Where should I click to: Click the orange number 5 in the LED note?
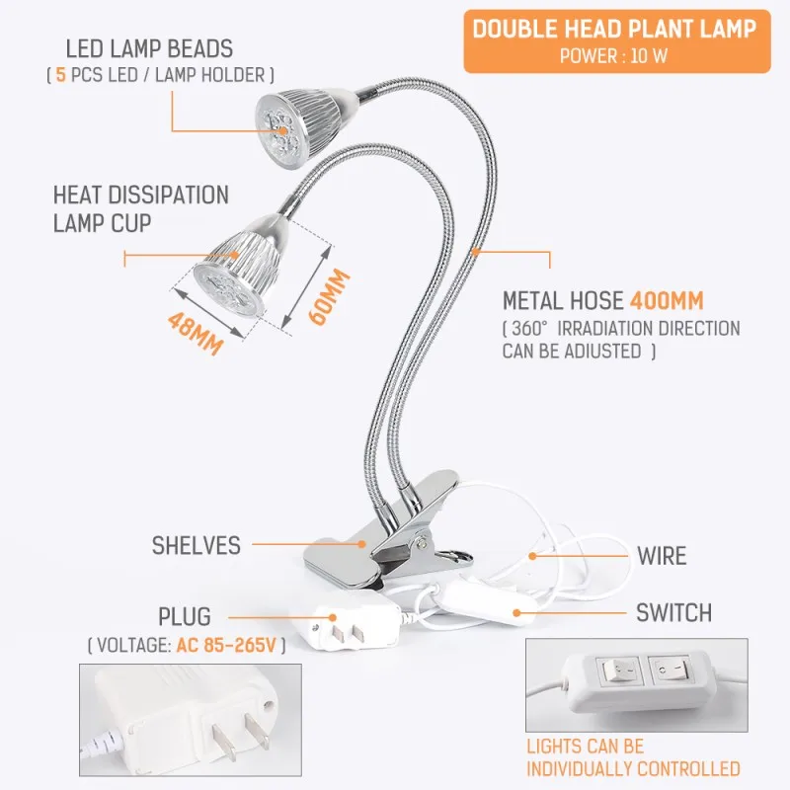coord(61,76)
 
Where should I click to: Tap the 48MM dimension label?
coord(196,334)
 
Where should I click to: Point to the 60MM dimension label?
coord(329,297)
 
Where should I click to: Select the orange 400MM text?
coord(667,301)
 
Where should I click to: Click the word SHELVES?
coord(196,546)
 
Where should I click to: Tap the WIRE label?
coord(662,556)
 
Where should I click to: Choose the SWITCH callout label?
coord(673,613)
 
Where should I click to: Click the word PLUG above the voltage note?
coord(185,616)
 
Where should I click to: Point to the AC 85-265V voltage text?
coord(226,646)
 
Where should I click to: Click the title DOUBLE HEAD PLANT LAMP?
coord(614,29)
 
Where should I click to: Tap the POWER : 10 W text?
coord(613,56)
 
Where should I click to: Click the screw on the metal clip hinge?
coord(421,542)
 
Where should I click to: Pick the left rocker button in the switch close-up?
coord(619,671)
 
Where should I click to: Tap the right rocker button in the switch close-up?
coord(670,671)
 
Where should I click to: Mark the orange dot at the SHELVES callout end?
coord(361,544)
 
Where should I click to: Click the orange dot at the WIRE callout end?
coord(532,556)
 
